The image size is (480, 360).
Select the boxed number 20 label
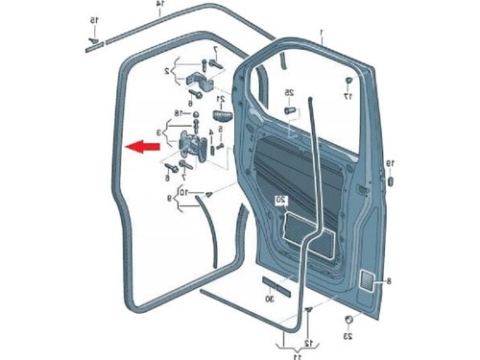tap(281, 200)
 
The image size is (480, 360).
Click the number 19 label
tap(391, 164)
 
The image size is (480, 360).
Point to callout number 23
tap(348, 337)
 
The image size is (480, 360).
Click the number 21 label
tap(221, 99)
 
